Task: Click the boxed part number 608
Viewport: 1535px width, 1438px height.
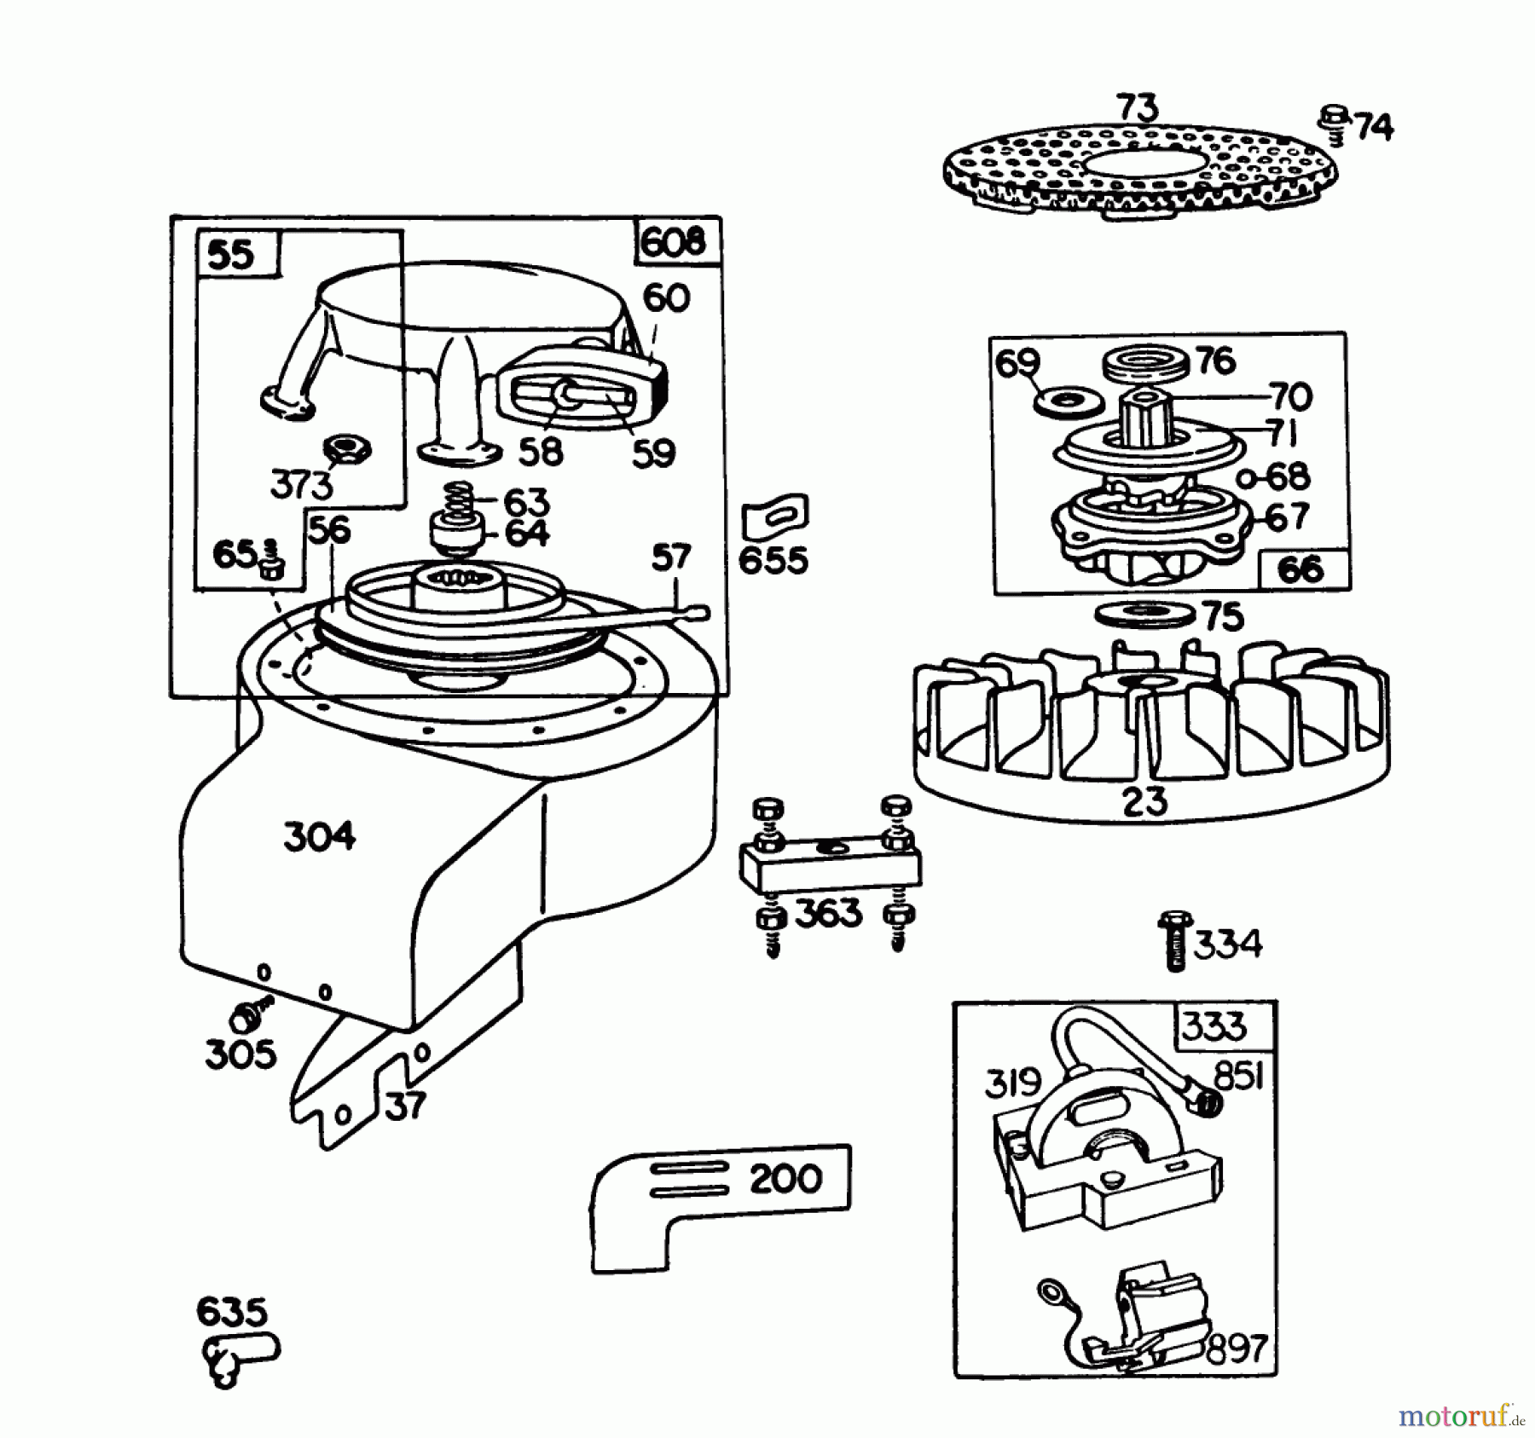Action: point(674,242)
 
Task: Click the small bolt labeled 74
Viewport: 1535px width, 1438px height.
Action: point(1333,122)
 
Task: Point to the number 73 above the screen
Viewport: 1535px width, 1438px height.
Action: point(1138,108)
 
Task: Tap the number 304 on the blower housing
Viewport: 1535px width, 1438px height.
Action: point(319,836)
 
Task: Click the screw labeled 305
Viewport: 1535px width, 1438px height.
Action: point(248,1015)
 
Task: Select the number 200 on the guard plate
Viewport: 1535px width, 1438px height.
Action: point(785,1179)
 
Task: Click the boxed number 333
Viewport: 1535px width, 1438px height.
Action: point(1214,1027)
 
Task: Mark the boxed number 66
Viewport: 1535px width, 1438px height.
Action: point(1301,569)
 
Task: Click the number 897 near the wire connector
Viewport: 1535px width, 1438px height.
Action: point(1236,1349)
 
